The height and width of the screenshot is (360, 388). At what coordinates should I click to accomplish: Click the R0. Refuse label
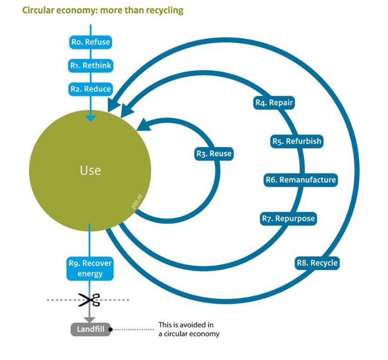tap(90, 42)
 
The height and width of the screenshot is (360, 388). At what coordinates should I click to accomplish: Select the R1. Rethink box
tap(90, 65)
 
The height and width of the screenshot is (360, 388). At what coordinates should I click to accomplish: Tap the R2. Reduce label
tap(90, 88)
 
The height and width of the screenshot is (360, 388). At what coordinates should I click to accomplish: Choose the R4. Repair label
tap(273, 103)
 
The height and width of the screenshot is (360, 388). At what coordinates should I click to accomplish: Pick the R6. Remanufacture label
tap(300, 180)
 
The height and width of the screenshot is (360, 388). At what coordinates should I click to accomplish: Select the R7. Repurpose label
tap(288, 219)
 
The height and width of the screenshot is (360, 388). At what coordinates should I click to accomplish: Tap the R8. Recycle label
tap(317, 263)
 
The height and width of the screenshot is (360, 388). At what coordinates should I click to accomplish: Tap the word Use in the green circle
tap(90, 170)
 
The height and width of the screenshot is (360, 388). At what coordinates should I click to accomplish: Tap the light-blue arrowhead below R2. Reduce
tap(90, 118)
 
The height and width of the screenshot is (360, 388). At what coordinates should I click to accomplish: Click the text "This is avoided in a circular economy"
tap(189, 329)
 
